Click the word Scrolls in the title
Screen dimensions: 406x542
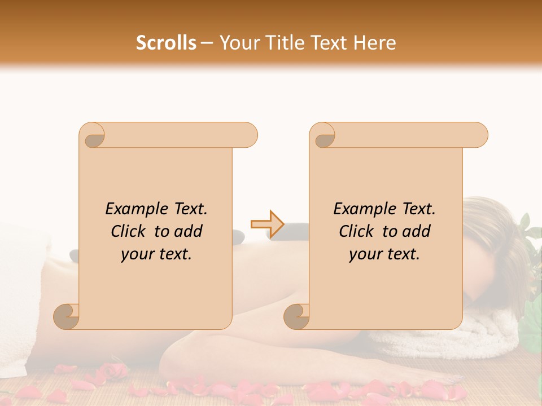coord(166,43)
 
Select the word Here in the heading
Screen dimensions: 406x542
coord(374,43)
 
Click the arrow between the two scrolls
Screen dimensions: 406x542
coord(267,224)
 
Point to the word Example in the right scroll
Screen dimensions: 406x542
coord(362,209)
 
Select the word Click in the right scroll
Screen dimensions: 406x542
coord(356,231)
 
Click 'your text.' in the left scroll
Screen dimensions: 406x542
coord(156,254)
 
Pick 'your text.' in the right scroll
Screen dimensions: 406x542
coord(384,254)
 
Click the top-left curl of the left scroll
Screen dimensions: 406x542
coord(94,136)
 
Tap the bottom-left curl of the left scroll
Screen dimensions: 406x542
coord(67,316)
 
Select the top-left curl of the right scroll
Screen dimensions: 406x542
coord(324,136)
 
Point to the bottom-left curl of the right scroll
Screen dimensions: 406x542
coord(296,316)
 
